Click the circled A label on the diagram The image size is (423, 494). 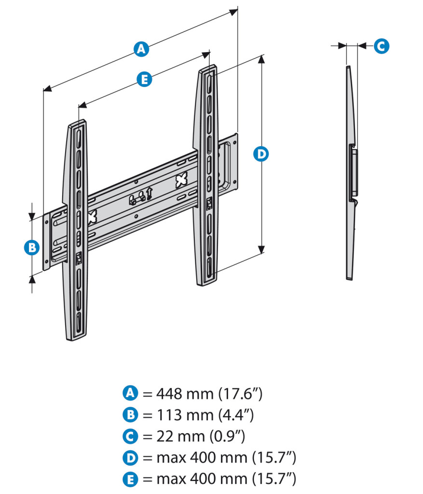click(x=141, y=49)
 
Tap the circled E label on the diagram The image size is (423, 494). click(x=144, y=79)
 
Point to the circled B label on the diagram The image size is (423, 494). click(x=31, y=247)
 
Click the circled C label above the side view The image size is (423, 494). click(x=381, y=46)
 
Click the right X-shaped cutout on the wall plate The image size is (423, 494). click(x=181, y=180)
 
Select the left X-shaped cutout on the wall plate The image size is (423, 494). click(x=92, y=217)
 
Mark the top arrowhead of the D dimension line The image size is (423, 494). click(x=261, y=59)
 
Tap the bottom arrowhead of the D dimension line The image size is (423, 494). click(x=261, y=249)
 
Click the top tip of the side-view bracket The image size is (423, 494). click(x=347, y=67)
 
